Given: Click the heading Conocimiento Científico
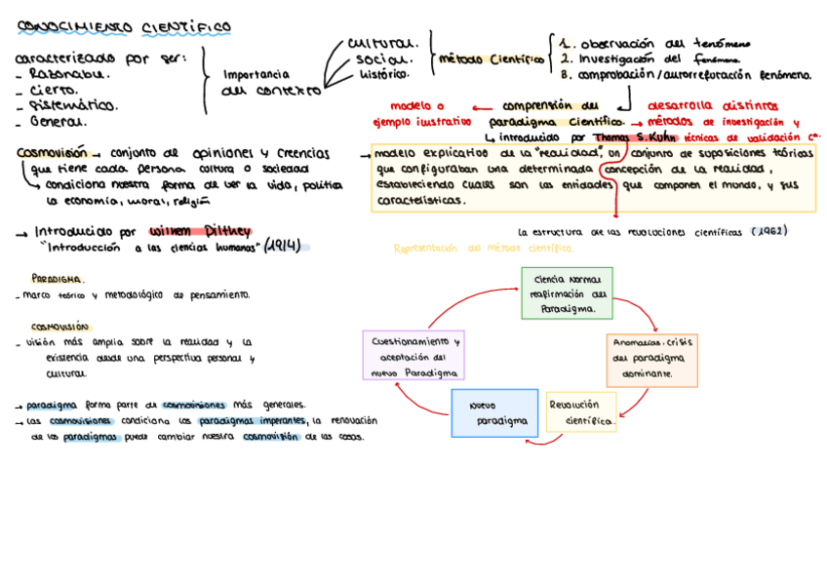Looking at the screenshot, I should point(124,26).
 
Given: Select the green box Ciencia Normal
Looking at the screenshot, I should point(567,292).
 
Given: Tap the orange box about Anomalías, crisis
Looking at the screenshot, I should point(651,359).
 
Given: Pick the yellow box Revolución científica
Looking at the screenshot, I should point(581,412).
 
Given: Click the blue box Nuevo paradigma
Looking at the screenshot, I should point(494,412).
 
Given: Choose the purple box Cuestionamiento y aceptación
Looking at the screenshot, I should point(413,356).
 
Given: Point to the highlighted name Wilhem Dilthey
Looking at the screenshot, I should point(200,232).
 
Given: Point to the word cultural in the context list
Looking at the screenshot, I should point(382,43).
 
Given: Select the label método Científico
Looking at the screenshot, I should point(492,58).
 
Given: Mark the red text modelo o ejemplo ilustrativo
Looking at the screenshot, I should point(416,114).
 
